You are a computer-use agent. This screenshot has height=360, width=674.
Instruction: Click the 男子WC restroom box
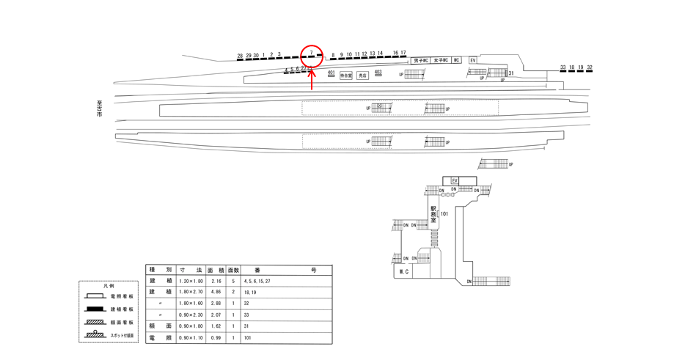pos(421,60)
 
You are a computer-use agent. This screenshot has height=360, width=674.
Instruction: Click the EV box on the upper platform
pos(473,60)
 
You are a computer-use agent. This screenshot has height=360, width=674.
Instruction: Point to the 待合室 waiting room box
pos(346,76)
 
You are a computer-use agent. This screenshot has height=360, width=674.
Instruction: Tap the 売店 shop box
pos(362,76)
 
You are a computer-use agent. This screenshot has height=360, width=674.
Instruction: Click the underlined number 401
pos(331,73)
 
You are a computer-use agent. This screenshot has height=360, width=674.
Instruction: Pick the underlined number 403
pos(378,72)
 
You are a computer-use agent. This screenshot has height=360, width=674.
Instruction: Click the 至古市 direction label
pos(99,109)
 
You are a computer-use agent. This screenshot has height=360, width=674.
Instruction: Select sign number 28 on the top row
pos(240,56)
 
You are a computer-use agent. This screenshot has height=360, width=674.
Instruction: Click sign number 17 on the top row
pos(403,53)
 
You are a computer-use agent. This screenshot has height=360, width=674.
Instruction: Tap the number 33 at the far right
pos(563,67)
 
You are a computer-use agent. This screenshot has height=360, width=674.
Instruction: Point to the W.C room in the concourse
pos(403,272)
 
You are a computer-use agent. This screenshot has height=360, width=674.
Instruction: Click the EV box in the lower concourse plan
pos(455,180)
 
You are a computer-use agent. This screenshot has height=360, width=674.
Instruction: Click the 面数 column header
pos(233,270)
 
